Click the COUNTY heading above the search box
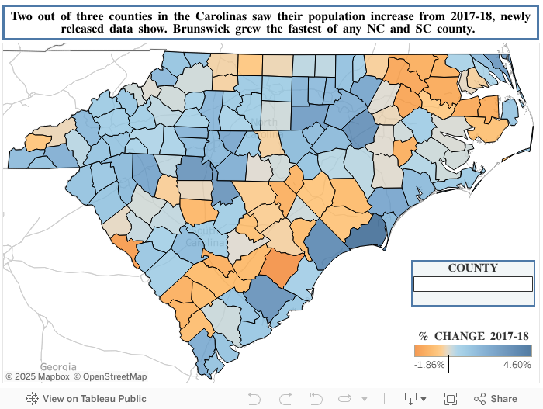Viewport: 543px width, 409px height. click(472, 268)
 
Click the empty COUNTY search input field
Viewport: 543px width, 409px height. click(472, 284)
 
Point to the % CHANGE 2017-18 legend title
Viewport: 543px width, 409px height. click(474, 336)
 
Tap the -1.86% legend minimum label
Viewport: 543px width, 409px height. click(429, 365)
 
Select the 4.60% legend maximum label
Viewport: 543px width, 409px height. click(517, 365)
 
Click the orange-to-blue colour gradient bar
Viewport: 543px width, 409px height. click(472, 351)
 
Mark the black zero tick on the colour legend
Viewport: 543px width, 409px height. click(449, 364)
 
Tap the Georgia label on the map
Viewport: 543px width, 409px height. click(58, 366)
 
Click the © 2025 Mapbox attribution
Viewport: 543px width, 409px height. click(37, 377)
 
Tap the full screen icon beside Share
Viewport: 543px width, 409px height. click(451, 398)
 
